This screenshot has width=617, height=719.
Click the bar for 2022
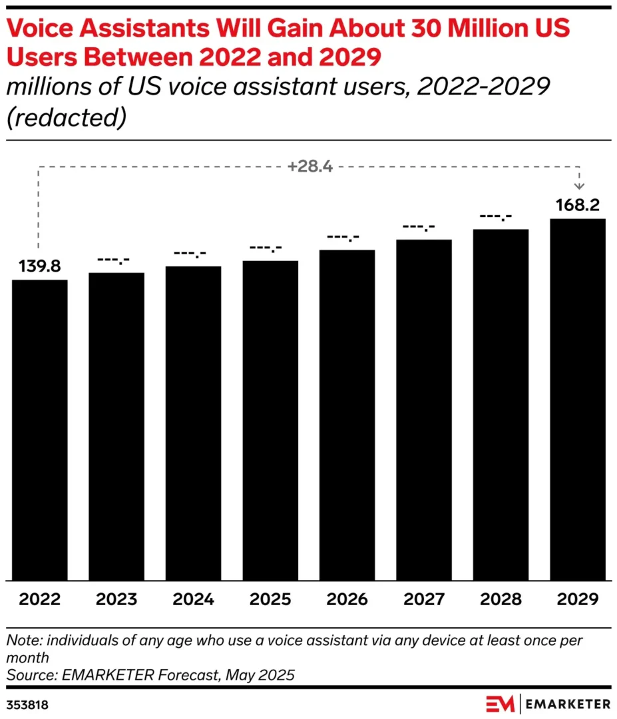(x=39, y=429)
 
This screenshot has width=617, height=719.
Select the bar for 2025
(x=270, y=420)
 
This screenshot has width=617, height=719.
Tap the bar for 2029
(x=577, y=399)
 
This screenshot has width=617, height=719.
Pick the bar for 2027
(x=424, y=409)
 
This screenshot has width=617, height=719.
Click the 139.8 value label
(x=39, y=267)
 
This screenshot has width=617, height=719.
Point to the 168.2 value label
(x=577, y=206)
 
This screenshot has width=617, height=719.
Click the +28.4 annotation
(x=309, y=166)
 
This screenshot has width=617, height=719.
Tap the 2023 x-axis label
(x=116, y=599)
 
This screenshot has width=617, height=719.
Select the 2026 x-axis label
(x=347, y=599)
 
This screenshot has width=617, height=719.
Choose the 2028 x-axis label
(x=501, y=599)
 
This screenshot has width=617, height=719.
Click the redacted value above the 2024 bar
(x=193, y=254)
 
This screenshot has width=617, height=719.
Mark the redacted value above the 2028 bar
(x=501, y=217)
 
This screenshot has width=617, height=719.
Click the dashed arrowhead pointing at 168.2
(x=578, y=186)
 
